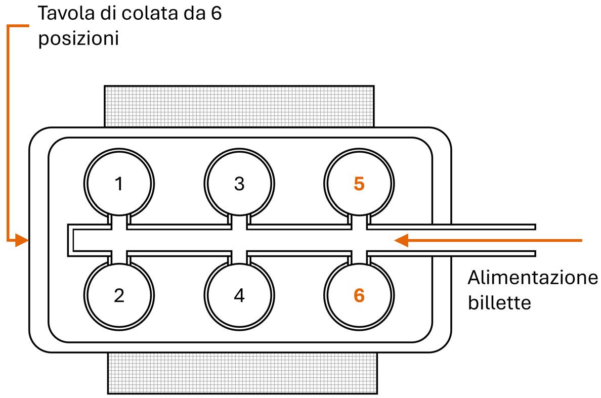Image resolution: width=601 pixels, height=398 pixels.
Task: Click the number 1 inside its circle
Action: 119,184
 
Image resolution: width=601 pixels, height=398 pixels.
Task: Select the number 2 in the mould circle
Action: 119,295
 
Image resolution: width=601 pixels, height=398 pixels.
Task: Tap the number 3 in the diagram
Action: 239,184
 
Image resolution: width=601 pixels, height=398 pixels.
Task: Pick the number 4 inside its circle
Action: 239,295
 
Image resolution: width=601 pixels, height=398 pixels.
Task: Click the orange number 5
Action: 359,184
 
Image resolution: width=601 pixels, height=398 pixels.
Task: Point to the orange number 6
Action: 359,295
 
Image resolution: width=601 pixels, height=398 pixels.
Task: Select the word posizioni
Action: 78,39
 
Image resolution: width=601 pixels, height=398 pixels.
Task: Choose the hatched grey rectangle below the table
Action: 243,373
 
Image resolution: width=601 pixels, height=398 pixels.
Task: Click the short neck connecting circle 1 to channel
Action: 119,220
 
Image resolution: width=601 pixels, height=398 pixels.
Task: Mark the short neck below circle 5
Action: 359,220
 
